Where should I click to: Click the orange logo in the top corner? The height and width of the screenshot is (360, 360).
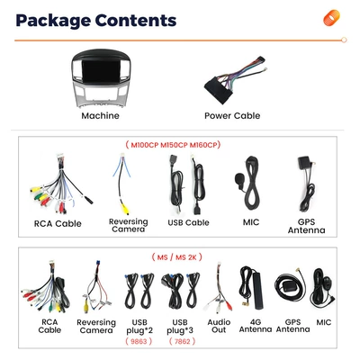[331, 18]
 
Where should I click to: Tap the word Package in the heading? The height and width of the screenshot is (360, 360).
[53, 21]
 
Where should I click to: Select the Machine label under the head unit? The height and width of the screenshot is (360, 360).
[100, 116]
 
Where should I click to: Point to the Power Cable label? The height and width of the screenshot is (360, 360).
[232, 116]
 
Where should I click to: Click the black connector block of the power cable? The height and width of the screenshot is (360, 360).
[218, 89]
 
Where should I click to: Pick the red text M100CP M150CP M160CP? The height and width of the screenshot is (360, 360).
[173, 145]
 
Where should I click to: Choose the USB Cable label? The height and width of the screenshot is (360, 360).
[188, 222]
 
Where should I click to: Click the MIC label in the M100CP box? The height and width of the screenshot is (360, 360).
[251, 222]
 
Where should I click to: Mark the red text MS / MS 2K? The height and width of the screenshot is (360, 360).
[177, 257]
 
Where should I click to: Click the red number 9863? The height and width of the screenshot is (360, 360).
[139, 341]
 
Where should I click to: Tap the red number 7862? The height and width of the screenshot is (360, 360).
[182, 341]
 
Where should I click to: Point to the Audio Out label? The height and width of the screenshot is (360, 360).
[219, 326]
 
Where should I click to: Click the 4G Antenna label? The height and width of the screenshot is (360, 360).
[256, 326]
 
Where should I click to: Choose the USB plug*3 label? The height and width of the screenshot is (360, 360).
[180, 327]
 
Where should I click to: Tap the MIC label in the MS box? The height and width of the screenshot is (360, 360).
[324, 322]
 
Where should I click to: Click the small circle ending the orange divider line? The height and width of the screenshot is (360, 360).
[344, 40]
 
